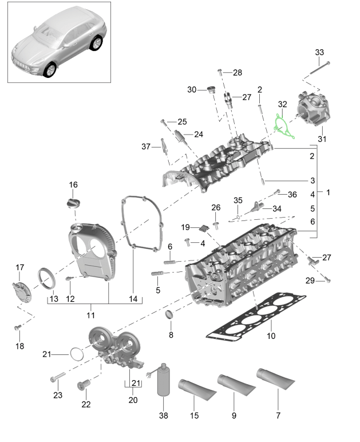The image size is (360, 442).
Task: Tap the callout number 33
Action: click(x=319, y=52)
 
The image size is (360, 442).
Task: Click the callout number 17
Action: click(x=19, y=267)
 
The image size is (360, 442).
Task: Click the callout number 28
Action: click(x=238, y=72)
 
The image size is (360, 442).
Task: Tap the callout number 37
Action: click(x=145, y=147)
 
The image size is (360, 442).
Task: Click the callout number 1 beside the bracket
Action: click(x=328, y=193)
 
